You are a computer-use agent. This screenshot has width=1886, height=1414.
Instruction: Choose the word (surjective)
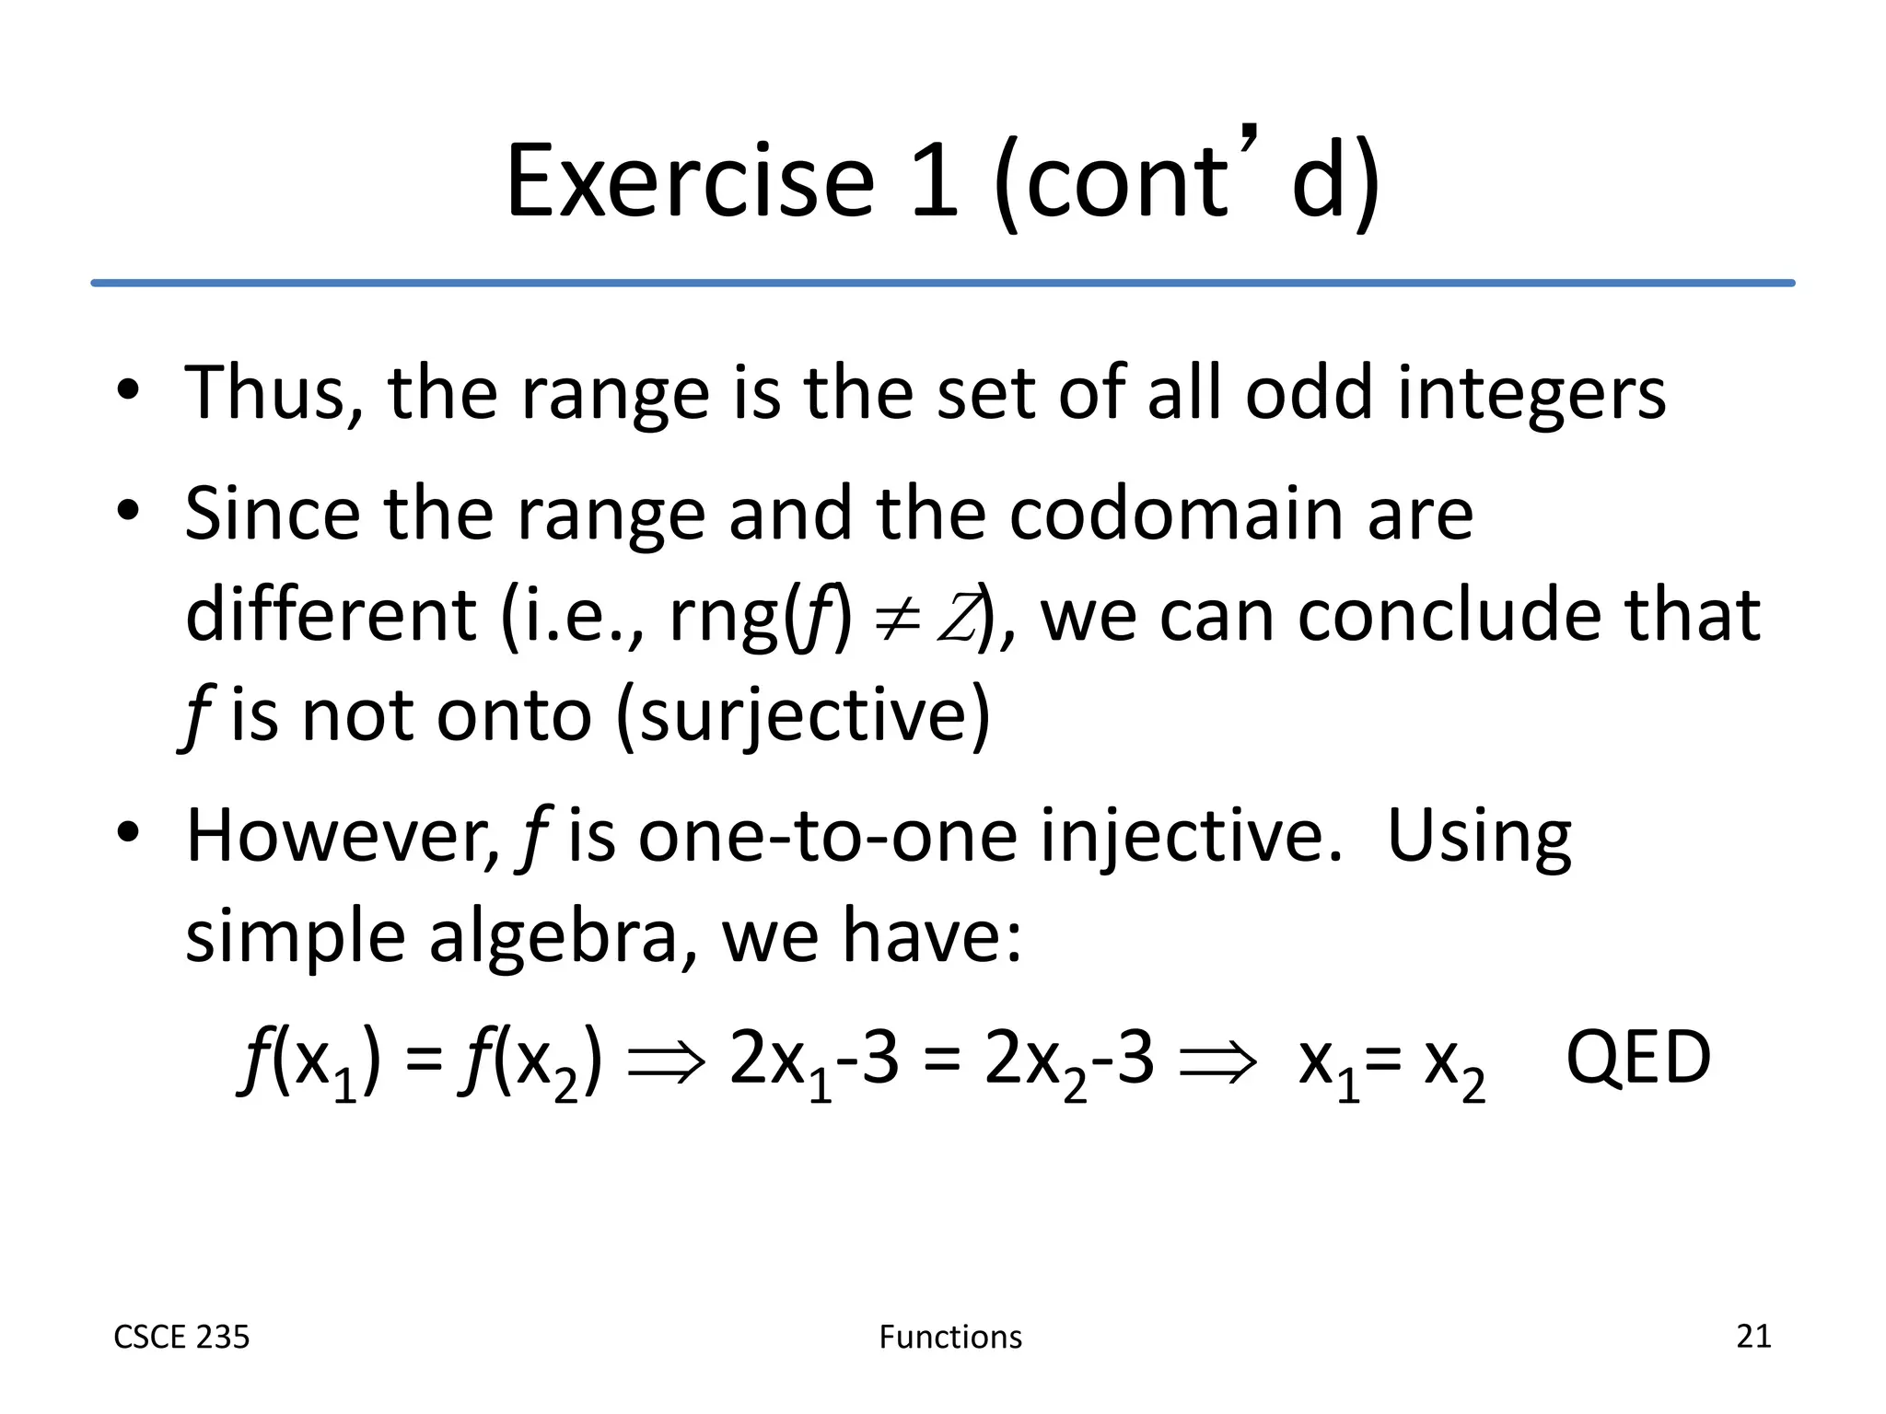tap(802, 716)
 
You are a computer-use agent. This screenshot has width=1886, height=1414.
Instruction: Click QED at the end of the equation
tap(1637, 1059)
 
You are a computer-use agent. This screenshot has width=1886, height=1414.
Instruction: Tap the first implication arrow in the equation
tap(666, 1062)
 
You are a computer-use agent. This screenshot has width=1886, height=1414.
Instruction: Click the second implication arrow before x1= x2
tap(1217, 1062)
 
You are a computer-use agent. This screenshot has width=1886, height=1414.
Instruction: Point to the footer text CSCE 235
tap(181, 1337)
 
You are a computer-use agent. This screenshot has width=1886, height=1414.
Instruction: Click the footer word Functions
tap(950, 1337)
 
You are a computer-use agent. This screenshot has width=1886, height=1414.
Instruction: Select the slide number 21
tap(1752, 1336)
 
